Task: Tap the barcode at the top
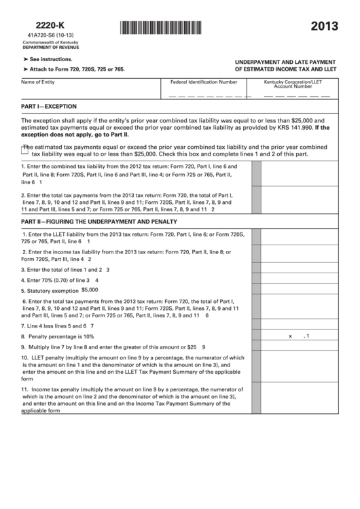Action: tap(161, 28)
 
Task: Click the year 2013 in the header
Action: tap(326, 27)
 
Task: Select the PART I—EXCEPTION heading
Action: tap(49, 107)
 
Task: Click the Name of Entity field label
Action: tap(38, 82)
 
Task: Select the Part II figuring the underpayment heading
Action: tap(99, 222)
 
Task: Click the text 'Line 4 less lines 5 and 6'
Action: tap(57, 326)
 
